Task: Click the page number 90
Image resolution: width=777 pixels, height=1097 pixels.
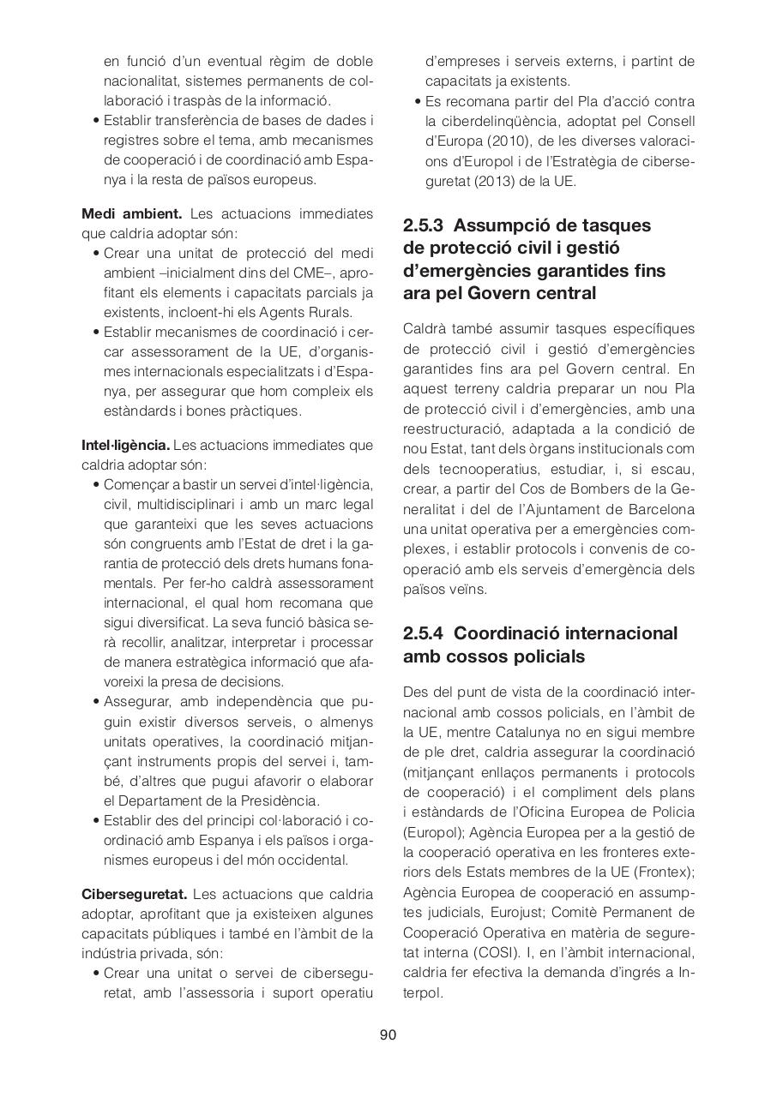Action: pos(388,1034)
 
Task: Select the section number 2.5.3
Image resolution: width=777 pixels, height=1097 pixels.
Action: pos(423,225)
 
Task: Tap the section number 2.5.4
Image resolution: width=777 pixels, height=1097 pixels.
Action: pos(423,633)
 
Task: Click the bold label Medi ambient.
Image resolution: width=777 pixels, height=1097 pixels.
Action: pos(131,213)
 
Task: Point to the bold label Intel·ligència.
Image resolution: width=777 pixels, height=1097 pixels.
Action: pos(126,445)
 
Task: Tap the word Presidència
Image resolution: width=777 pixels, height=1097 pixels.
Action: pos(279,800)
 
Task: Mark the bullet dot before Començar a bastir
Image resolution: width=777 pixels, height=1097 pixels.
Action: pos(96,485)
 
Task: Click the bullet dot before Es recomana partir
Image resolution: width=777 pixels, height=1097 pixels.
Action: pos(418,102)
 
